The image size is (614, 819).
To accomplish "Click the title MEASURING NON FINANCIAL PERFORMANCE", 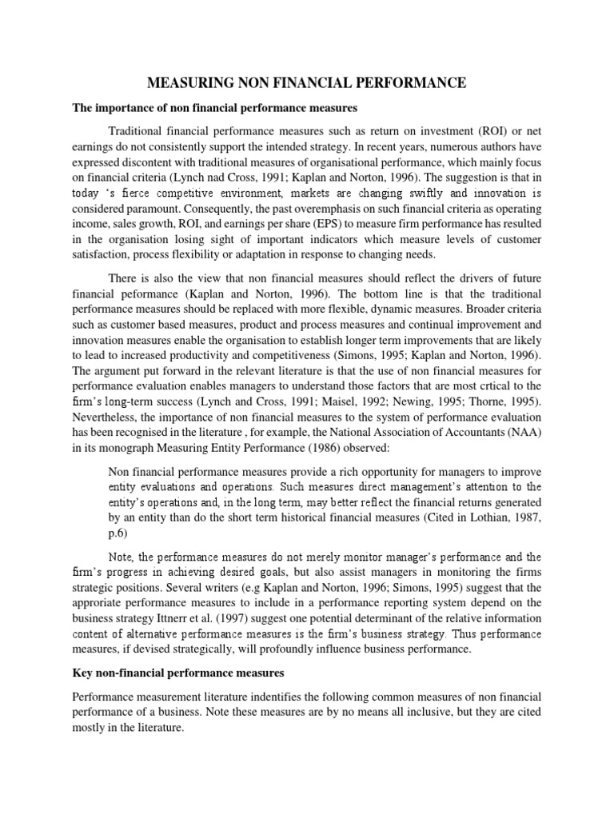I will tap(306, 82).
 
